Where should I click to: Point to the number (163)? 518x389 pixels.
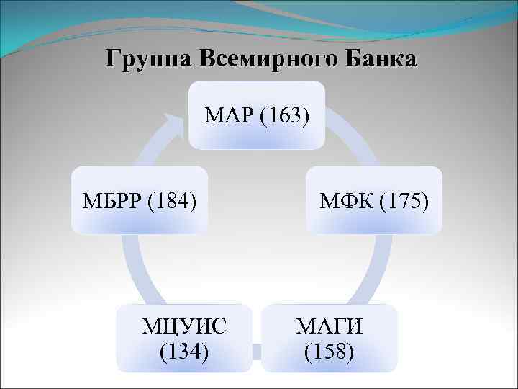[286, 115]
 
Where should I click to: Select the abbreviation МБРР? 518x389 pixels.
[114, 200]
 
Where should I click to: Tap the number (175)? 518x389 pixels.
[404, 200]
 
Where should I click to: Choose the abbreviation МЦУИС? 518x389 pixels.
[185, 328]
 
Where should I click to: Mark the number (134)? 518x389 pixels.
[185, 351]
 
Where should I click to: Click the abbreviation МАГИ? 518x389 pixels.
[330, 328]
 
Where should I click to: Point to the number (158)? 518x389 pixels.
[330, 351]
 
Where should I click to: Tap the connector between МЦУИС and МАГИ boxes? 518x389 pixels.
[256, 351]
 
